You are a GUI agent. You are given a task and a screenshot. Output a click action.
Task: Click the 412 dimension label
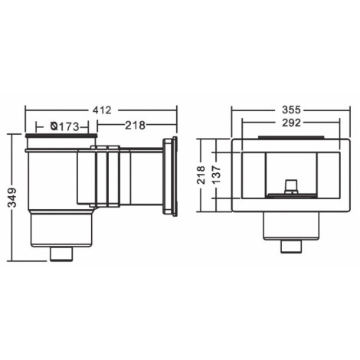[102, 110]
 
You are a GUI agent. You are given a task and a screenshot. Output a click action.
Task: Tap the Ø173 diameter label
[65, 126]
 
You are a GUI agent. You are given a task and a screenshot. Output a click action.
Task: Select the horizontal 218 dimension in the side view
[135, 126]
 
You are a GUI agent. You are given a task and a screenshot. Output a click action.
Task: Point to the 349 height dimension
[12, 197]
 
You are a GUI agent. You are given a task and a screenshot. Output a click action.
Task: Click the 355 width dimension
[291, 110]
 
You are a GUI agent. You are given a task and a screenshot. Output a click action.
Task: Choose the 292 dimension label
[291, 123]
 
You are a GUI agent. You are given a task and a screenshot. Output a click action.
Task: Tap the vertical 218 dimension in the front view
[201, 175]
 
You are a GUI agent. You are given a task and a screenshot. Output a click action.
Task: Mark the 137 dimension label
[216, 175]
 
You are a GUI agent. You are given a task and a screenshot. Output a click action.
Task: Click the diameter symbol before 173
[54, 126]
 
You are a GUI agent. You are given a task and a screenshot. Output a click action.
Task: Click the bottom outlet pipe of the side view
[61, 254]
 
